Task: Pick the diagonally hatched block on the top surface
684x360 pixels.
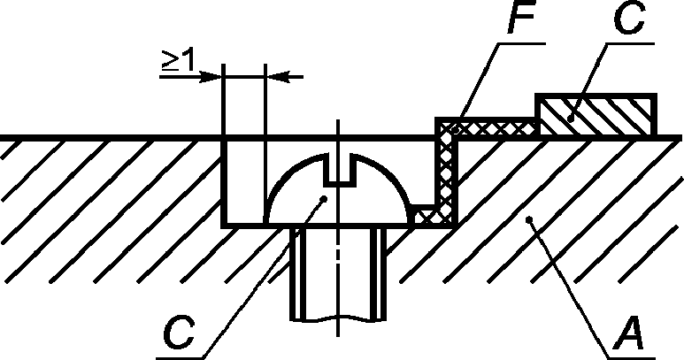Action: tap(597, 116)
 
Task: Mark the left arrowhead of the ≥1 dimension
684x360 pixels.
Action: tap(213, 76)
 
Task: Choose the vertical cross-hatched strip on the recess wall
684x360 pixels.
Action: tap(446, 172)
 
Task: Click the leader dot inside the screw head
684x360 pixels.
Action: tap(326, 199)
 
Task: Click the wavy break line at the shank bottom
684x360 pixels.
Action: tap(338, 319)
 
